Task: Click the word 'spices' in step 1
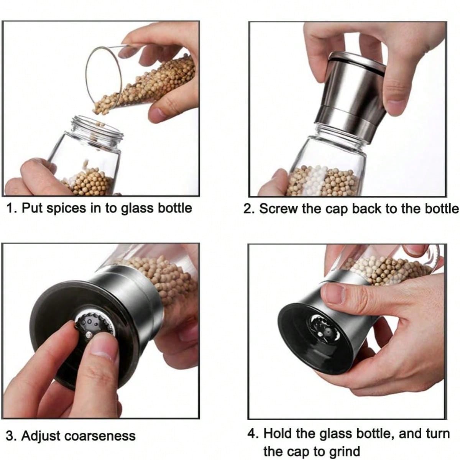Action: coord(66,209)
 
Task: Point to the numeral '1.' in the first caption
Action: coord(11,208)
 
